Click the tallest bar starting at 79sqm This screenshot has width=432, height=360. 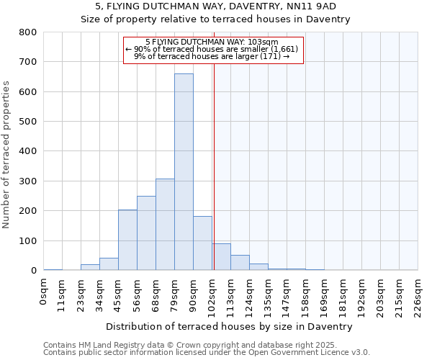pyautogui.click(x=184, y=173)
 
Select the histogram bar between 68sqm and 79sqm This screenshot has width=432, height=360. pyautogui.click(x=165, y=225)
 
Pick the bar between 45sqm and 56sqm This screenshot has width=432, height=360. pyautogui.click(x=127, y=240)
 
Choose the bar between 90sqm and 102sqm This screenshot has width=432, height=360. pyautogui.click(x=202, y=243)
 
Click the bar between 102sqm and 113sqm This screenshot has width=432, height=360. pyautogui.click(x=221, y=257)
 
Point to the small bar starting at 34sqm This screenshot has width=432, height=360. pyautogui.click(x=109, y=264)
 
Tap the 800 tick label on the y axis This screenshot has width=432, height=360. pyautogui.click(x=27, y=32)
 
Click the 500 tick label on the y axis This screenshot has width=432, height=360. pyautogui.click(x=27, y=122)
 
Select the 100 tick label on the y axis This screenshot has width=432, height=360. pyautogui.click(x=27, y=240)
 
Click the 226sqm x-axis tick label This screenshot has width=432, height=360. pyautogui.click(x=418, y=295)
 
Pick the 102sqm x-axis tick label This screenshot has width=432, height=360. pyautogui.click(x=212, y=295)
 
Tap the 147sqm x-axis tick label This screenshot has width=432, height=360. pyautogui.click(x=287, y=295)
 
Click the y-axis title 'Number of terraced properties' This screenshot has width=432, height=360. pyautogui.click(x=6, y=154)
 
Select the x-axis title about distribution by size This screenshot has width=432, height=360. pyautogui.click(x=234, y=326)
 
